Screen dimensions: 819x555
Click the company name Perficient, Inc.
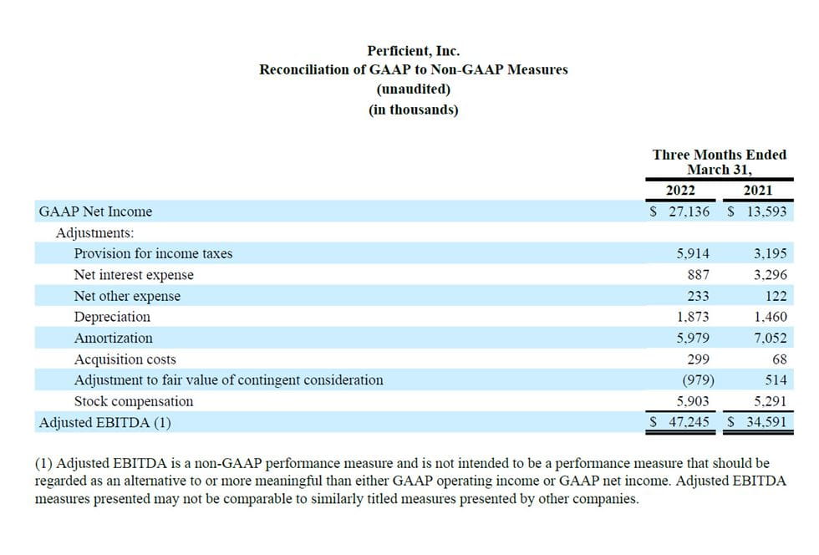[x=413, y=51]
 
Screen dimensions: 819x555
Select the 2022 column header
[x=680, y=191]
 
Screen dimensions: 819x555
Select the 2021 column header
[x=758, y=191]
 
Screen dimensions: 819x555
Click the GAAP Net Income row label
[x=95, y=211]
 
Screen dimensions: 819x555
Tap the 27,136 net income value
[x=689, y=211]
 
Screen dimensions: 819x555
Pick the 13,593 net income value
[x=766, y=211]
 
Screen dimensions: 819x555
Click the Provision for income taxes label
[x=153, y=253]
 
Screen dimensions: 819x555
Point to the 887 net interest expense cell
[x=699, y=275]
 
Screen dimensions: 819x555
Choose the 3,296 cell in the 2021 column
[x=770, y=275]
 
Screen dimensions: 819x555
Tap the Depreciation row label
[x=112, y=317]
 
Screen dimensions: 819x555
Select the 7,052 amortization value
[x=770, y=339]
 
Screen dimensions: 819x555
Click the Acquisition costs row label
[x=125, y=359]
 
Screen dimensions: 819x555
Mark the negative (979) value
[x=698, y=380]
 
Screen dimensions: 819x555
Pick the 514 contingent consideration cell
[x=776, y=380]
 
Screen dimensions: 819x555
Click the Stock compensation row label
[x=133, y=401]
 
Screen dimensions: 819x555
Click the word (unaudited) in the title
[x=413, y=89]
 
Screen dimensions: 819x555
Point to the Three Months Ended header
[x=720, y=155]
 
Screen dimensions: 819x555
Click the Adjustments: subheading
[x=94, y=233]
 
